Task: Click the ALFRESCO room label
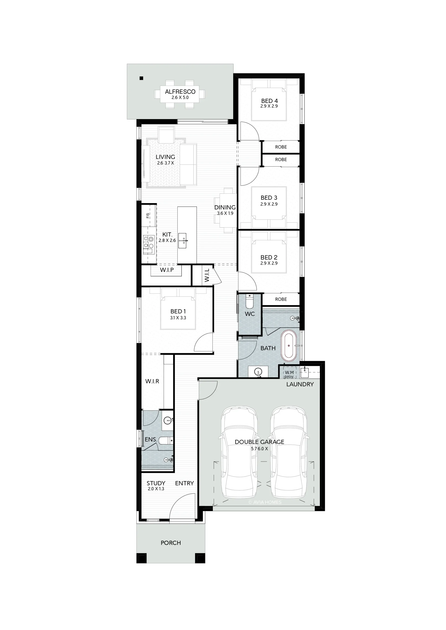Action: coord(180,92)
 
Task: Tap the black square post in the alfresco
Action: coord(142,78)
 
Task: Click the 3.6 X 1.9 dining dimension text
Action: coord(225,213)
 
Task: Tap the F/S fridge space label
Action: coord(148,216)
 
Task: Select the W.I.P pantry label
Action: coord(167,270)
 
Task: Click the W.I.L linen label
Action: coord(207,275)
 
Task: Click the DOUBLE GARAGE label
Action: coord(259,442)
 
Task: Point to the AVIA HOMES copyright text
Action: coord(265,502)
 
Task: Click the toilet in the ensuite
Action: coord(166,441)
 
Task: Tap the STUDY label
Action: coord(156,483)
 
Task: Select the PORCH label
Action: coord(171,543)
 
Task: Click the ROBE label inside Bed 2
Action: coord(281,299)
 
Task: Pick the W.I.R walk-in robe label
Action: coord(152,381)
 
